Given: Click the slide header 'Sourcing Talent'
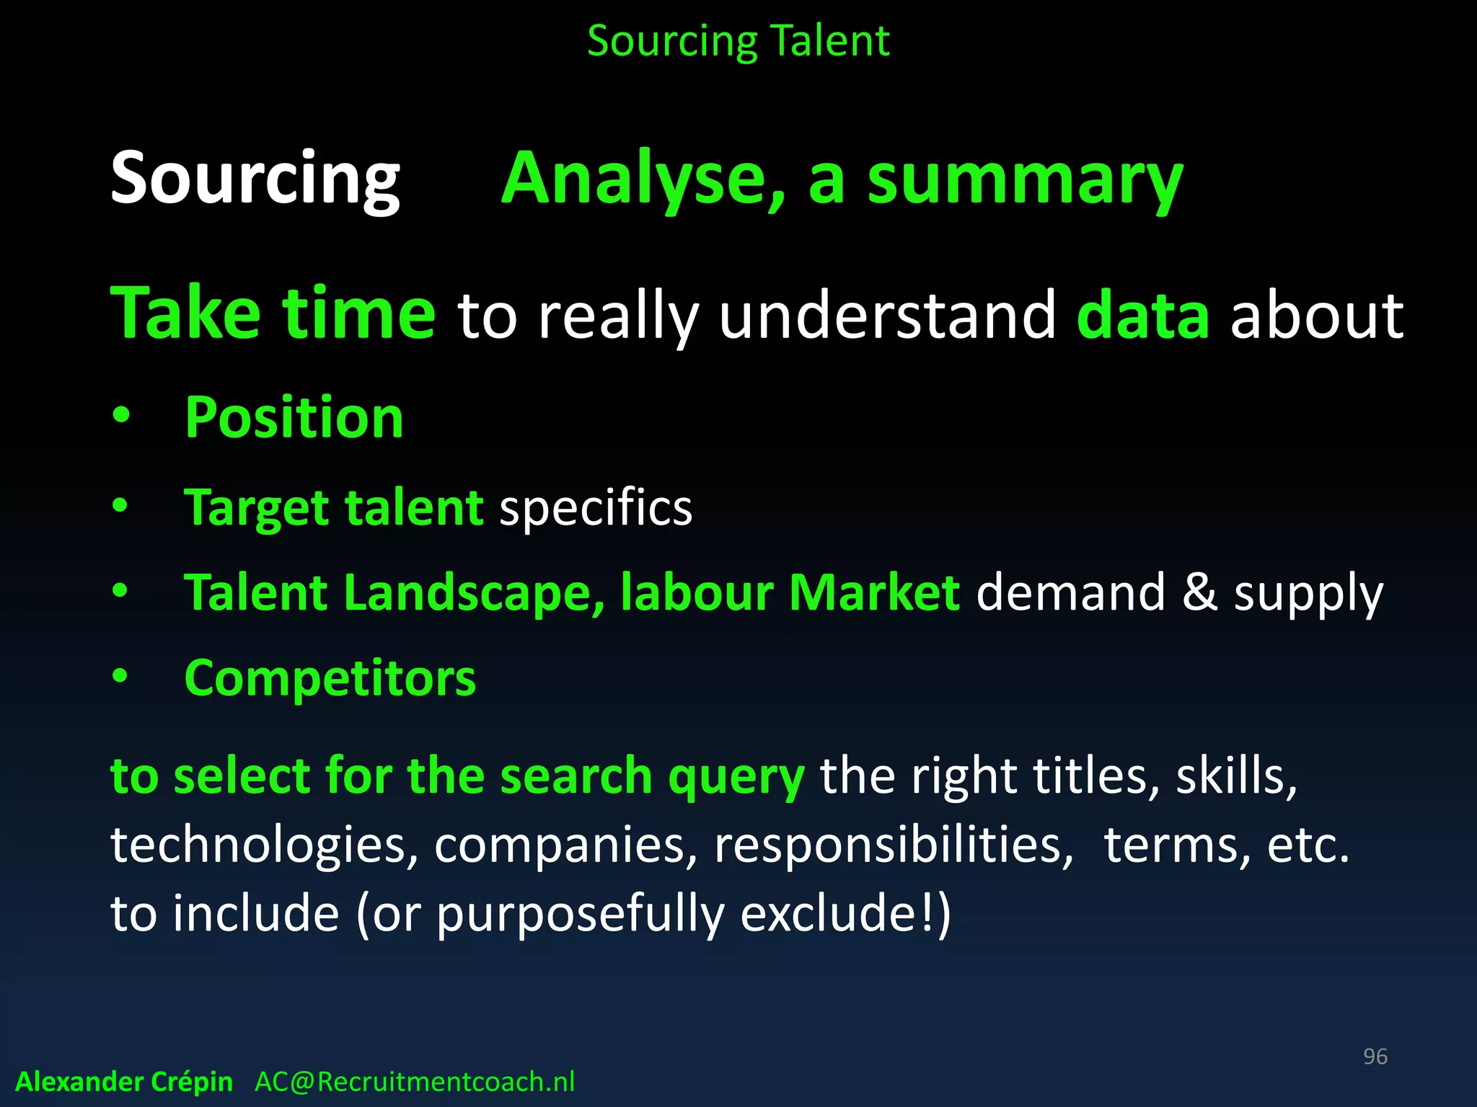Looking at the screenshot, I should point(738,41).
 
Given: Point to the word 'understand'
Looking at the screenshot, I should point(888,315).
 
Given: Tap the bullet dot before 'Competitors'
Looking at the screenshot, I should point(120,677).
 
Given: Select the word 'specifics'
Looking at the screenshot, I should point(596,507).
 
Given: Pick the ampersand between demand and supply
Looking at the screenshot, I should point(1199,592).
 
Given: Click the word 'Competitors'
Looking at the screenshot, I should point(330,678).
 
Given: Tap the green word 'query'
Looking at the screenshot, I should point(736,777).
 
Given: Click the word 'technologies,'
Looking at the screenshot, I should point(264,845).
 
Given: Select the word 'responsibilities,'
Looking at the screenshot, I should point(893,845).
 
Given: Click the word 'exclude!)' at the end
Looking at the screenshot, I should point(845,914).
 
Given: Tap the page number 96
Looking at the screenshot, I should point(1375,1057).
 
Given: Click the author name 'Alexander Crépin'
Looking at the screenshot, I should point(124,1082).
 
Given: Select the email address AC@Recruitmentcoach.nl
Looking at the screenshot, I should point(415,1082).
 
